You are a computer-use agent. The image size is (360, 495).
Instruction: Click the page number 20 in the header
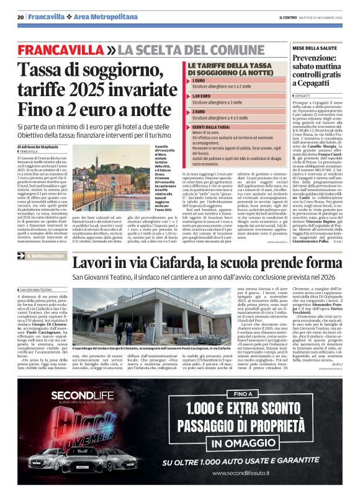click(20, 17)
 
